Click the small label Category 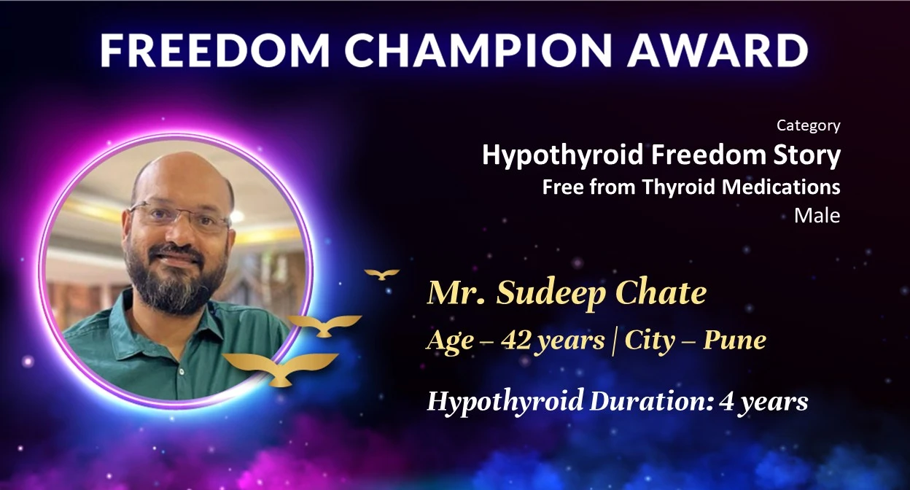coord(809,126)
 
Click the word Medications coord(781,187)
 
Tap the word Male coord(817,216)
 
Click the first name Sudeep coord(552,294)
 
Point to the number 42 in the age coord(516,340)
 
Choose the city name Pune coord(734,340)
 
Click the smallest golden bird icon coord(382,275)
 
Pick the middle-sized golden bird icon coord(324,325)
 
